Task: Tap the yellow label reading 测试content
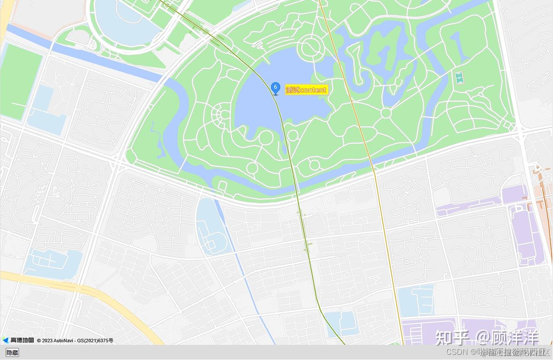[307, 90]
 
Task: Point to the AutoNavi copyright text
[75, 341]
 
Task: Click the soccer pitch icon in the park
[459, 78]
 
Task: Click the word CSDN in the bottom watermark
[457, 351]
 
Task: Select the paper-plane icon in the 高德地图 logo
[5, 340]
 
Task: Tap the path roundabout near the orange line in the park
[386, 113]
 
